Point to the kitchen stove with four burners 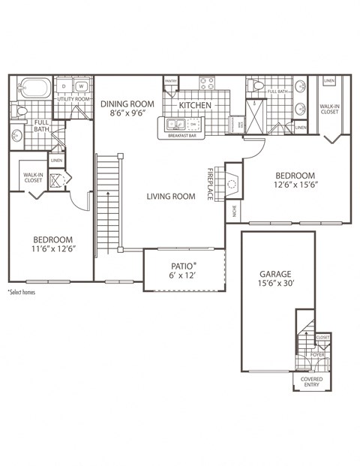coord(206,84)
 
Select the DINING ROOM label coord(127,104)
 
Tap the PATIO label coord(183,266)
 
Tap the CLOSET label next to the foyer coord(322,338)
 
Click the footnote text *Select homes coord(22,291)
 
